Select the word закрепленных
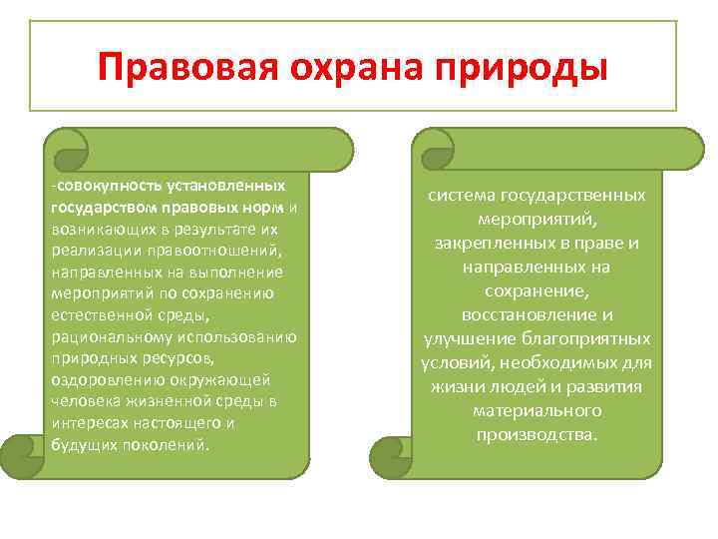tap(495, 243)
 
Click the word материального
tap(538, 410)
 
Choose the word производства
tap(536, 434)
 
